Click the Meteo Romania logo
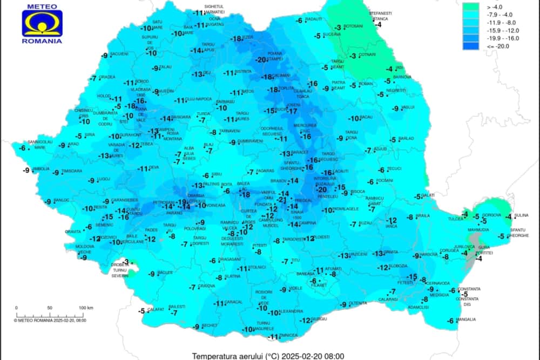point(42,24)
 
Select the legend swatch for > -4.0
point(470,7)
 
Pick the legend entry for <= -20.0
point(470,46)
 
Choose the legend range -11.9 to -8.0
point(470,23)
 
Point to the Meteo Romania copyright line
point(49,320)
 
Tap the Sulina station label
point(521,215)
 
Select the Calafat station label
point(156,309)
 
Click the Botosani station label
point(354,26)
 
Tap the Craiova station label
point(206,286)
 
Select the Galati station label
point(428,195)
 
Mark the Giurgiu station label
point(320,319)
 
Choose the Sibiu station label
point(217,174)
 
